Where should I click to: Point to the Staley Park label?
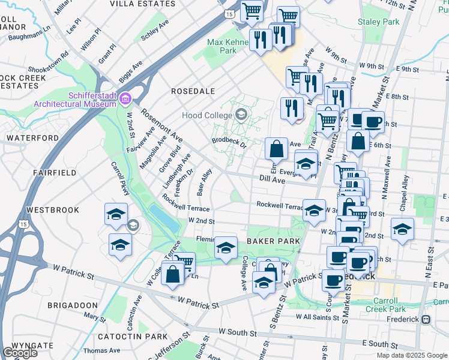point(378,22)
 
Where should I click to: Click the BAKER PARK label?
point(268,241)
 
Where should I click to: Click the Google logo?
point(20,353)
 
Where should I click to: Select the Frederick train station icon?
point(427,320)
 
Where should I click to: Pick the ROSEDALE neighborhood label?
point(193,91)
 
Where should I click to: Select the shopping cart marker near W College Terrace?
point(185,262)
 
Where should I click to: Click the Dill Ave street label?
point(272,179)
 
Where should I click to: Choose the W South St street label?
point(238,331)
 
